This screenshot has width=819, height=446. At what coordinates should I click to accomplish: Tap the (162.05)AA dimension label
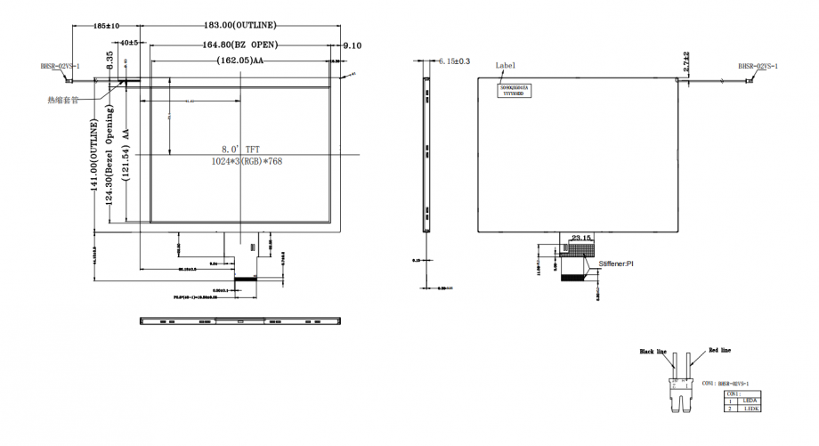point(240,61)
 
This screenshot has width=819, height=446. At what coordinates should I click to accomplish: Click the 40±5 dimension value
point(128,43)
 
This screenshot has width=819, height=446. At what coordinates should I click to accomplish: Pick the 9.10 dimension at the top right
point(352,45)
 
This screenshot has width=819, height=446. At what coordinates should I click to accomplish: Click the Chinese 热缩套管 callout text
point(63,101)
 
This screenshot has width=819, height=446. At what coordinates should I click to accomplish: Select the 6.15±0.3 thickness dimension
point(454,61)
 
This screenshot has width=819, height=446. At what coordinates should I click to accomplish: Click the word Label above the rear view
point(506,65)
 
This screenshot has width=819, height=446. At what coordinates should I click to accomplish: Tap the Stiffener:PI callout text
point(615,264)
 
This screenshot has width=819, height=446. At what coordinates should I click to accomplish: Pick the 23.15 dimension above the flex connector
point(581,238)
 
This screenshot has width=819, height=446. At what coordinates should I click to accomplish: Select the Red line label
point(720,351)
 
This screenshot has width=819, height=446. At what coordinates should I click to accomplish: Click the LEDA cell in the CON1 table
point(750,401)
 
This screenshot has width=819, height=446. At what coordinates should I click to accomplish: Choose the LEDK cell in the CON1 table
point(750,409)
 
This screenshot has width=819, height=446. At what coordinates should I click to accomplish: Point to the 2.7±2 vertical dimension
point(687,61)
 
